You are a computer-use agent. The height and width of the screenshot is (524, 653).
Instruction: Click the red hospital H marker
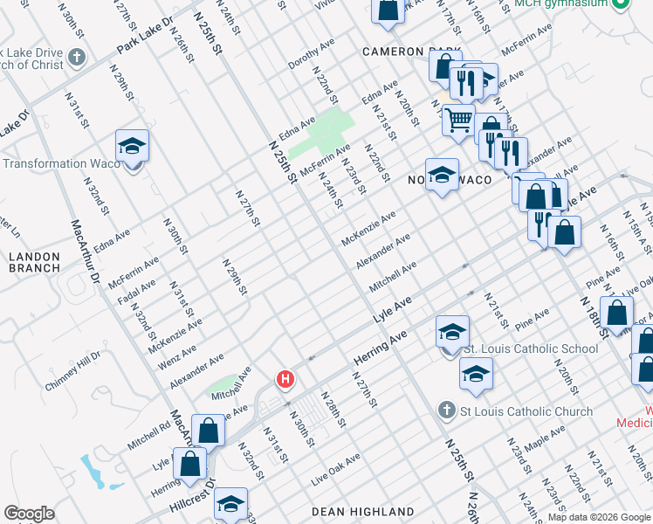click(285, 380)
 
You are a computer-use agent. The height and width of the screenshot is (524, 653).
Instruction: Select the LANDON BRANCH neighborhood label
click(34, 262)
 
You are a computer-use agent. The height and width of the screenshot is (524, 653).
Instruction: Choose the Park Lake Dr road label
click(145, 33)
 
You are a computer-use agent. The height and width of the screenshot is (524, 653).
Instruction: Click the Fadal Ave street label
click(137, 293)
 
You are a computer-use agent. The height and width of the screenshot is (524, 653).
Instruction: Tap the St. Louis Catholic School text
click(530, 349)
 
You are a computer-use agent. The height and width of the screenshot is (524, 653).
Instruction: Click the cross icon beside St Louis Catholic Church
click(446, 410)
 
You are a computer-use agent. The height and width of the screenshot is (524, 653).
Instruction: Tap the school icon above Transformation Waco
click(132, 146)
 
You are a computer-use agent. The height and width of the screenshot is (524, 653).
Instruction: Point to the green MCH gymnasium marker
click(620, 4)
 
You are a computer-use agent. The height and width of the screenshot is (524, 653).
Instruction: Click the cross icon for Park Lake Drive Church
click(77, 59)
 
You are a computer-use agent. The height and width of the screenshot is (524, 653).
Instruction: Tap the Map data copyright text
click(599, 517)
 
